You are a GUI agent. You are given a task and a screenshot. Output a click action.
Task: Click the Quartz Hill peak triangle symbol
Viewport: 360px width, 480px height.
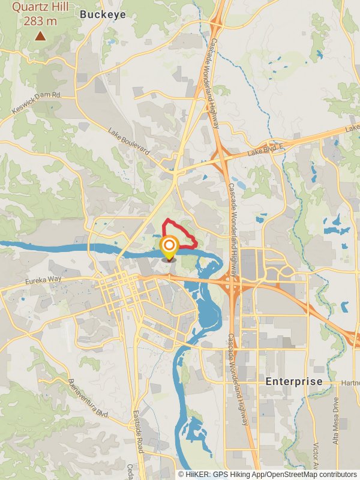(x=40, y=36)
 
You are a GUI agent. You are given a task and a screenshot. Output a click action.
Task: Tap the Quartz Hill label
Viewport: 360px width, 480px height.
(x=40, y=8)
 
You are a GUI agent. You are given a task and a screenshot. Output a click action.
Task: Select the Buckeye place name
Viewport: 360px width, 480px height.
(x=103, y=14)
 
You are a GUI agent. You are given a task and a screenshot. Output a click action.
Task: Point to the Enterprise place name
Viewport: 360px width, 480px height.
(x=294, y=382)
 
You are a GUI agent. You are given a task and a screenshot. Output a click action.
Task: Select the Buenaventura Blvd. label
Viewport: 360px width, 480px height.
(x=88, y=400)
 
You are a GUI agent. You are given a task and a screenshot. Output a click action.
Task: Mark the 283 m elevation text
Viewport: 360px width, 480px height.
(x=40, y=21)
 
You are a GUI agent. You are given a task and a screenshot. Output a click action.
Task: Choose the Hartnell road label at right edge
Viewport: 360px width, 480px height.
(x=350, y=383)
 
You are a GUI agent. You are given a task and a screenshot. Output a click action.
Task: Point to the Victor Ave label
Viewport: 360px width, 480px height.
(x=317, y=456)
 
